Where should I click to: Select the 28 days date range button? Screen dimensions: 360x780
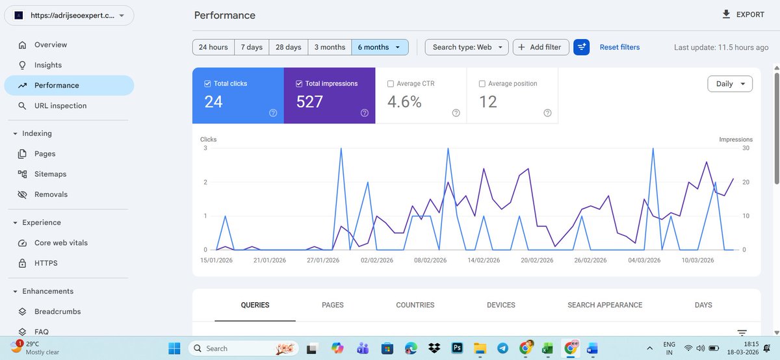coord(288,47)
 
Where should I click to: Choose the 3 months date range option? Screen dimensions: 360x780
coord(330,47)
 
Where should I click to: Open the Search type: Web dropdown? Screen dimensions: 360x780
coord(466,47)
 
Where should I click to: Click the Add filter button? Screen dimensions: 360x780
coord(541,47)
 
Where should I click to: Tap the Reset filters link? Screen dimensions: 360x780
coord(619,47)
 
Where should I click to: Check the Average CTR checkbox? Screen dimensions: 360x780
coord(391,84)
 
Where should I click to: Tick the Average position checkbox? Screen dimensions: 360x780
coord(482,84)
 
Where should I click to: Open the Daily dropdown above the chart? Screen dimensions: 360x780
coord(729,84)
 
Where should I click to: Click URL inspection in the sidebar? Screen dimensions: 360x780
coord(60,106)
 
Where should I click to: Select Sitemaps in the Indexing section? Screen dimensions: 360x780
coord(50,174)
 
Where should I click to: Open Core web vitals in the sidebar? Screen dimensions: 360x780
coord(61,243)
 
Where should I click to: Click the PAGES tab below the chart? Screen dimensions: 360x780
coord(333,305)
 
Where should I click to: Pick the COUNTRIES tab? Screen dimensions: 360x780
coord(415,305)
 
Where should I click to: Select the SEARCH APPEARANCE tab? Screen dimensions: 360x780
coord(604,305)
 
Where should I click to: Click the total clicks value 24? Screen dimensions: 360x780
coord(214,102)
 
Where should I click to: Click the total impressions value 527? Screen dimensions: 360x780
coord(309,102)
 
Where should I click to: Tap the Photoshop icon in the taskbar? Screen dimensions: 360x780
coord(457,348)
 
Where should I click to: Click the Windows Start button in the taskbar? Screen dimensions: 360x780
coord(174,348)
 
